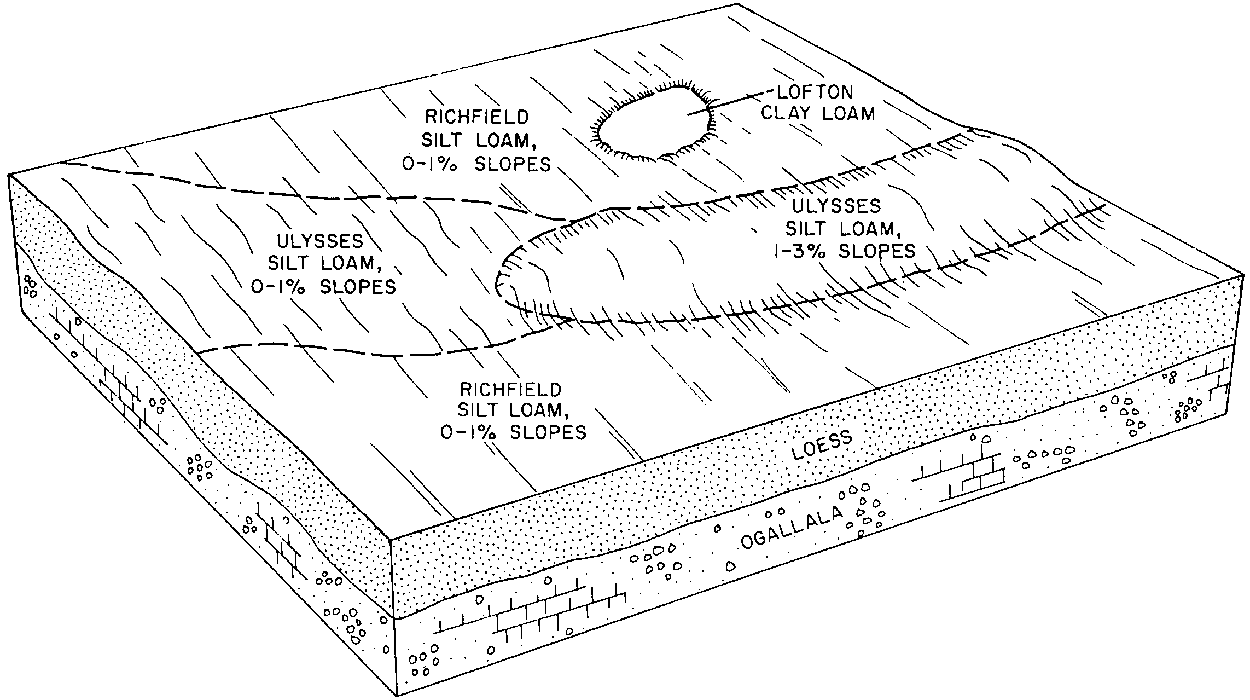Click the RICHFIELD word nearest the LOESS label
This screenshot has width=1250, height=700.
point(510,390)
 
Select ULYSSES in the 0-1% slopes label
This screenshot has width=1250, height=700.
point(320,241)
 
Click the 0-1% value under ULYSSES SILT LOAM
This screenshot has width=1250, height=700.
point(281,287)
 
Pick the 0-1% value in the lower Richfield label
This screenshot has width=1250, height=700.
point(471,432)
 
